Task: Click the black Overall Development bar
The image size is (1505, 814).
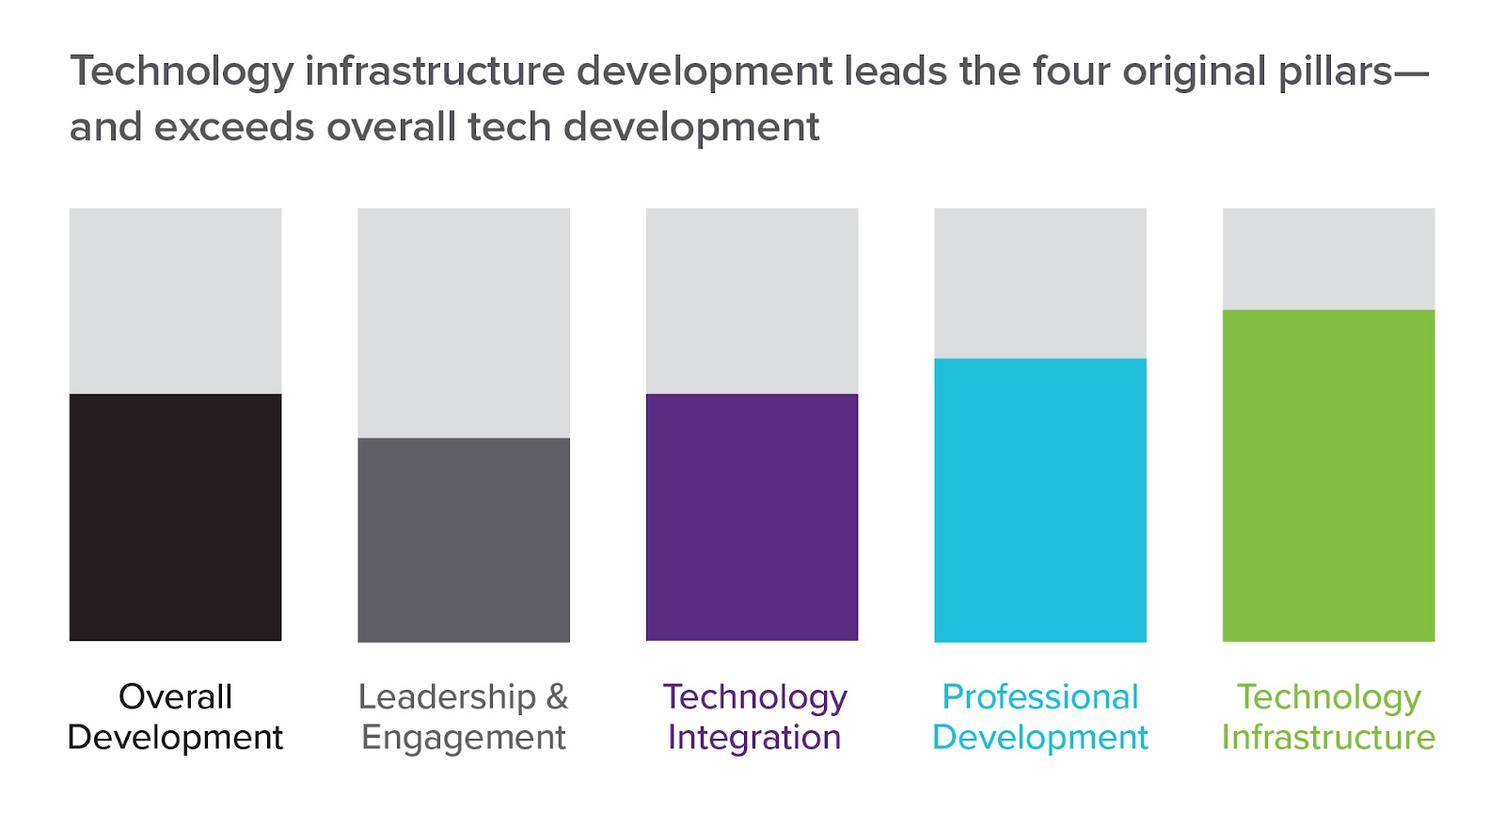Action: click(175, 518)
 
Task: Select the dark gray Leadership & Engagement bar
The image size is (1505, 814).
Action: click(464, 540)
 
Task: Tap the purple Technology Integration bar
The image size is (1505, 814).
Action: click(752, 518)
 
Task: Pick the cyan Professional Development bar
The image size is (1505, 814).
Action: click(1040, 500)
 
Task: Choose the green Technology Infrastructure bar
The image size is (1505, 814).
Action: click(1328, 475)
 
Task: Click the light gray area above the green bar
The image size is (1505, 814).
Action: click(1328, 259)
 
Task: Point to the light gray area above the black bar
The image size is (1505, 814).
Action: click(175, 301)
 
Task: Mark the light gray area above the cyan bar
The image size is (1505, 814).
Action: click(1040, 282)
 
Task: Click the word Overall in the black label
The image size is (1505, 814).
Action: click(175, 697)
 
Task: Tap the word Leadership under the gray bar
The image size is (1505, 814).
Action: click(447, 697)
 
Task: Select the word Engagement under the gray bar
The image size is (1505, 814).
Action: click(464, 739)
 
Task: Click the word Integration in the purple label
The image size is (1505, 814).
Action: click(753, 738)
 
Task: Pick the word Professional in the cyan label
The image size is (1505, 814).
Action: click(1040, 697)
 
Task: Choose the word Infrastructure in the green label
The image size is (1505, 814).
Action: click(1328, 738)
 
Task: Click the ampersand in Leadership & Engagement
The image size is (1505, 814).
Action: click(557, 697)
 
